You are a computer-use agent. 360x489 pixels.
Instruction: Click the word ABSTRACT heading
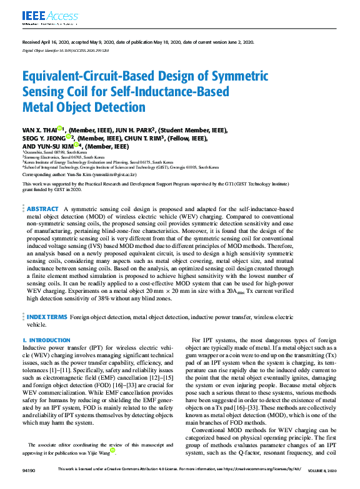pyautogui.click(x=43, y=208)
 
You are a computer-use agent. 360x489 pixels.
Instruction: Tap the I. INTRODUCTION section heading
pyautogui.click(x=46, y=339)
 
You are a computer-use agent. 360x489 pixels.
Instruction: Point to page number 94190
pyautogui.click(x=29, y=469)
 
